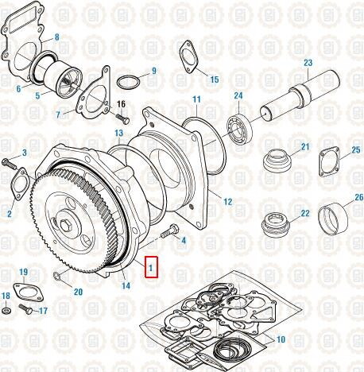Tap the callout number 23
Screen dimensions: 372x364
[308, 62]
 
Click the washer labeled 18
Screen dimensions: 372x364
[6, 309]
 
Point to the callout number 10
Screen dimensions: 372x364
[279, 340]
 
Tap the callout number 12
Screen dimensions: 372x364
[227, 202]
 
